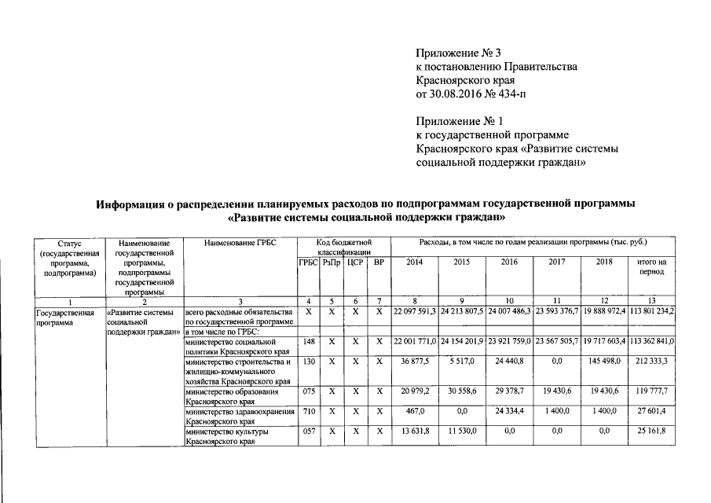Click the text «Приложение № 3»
tap(459, 53)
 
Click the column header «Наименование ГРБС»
tap(240, 244)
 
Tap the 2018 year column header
tap(603, 262)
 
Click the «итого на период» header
tap(652, 266)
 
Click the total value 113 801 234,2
tap(652, 313)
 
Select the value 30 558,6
tap(462, 391)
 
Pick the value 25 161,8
tap(652, 432)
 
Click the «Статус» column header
tap(69, 244)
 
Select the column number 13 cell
tap(652, 301)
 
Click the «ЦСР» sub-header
tap(354, 262)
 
